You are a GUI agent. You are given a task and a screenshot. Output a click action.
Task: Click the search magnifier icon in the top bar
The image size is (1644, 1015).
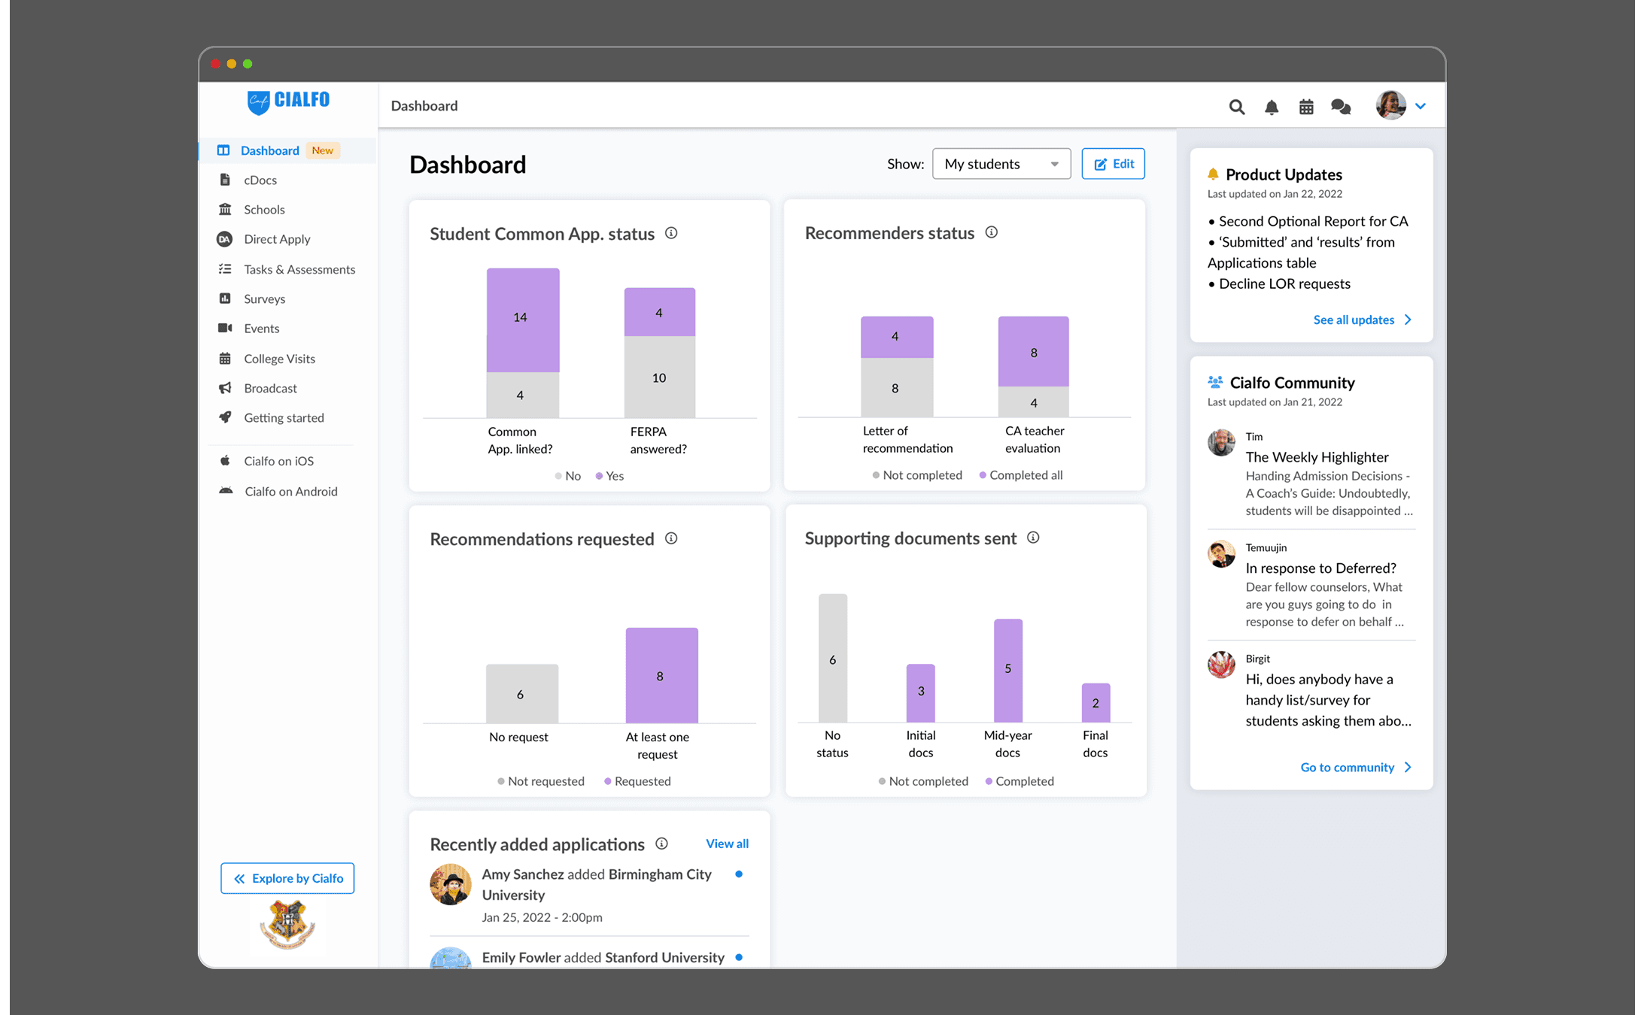1236,107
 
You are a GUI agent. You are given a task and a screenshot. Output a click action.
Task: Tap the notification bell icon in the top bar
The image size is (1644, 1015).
1272,107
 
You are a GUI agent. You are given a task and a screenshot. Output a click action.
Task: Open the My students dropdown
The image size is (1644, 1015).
1001,164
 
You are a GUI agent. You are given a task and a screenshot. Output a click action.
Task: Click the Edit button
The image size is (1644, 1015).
1113,164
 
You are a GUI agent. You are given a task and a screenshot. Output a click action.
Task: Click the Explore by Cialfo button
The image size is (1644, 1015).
287,878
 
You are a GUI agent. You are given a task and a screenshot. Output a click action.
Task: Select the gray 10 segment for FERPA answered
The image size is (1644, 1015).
660,377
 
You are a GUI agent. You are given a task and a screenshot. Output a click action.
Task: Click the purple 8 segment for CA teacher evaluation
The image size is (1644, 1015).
1034,352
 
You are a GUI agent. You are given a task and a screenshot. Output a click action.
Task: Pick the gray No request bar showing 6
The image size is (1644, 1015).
522,693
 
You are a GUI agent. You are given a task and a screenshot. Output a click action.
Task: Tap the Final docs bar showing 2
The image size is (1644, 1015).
1095,703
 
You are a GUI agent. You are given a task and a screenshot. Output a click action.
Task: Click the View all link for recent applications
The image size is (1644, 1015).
727,844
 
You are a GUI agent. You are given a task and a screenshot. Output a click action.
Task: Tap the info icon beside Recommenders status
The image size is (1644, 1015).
992,232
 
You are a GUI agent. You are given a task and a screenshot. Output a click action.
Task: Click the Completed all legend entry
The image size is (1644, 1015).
1021,475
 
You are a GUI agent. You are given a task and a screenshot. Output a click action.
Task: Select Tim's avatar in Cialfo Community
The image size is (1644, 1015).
1221,443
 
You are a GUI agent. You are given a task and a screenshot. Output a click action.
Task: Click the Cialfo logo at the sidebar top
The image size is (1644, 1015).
288,101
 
